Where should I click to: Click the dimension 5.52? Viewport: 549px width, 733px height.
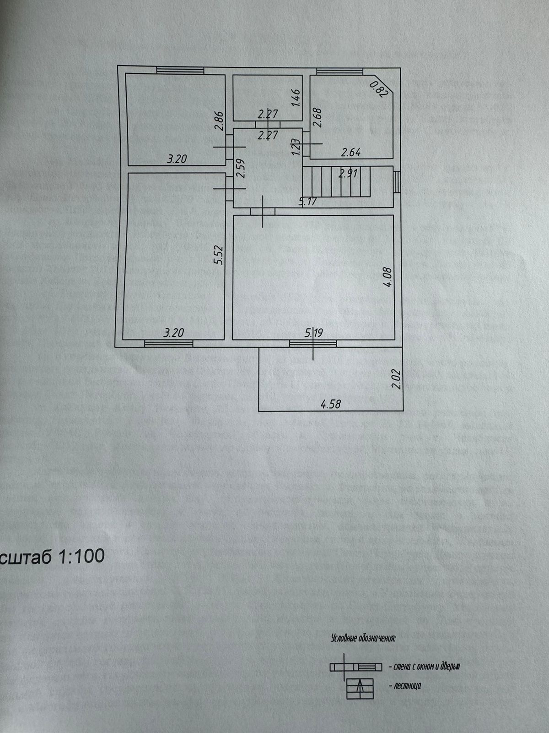(x=220, y=255)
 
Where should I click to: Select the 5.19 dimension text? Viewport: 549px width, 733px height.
(x=314, y=332)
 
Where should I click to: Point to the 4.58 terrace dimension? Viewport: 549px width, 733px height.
(x=331, y=404)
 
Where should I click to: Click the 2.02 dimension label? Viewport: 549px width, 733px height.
(x=397, y=379)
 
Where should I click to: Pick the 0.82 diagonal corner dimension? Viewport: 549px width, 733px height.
(x=379, y=88)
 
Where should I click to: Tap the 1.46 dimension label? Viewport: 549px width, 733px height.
(x=296, y=98)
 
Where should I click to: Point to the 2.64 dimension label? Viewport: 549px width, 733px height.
(x=351, y=152)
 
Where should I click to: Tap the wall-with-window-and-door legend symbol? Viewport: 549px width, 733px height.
(x=355, y=667)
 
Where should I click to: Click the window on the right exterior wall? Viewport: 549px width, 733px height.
(x=397, y=182)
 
